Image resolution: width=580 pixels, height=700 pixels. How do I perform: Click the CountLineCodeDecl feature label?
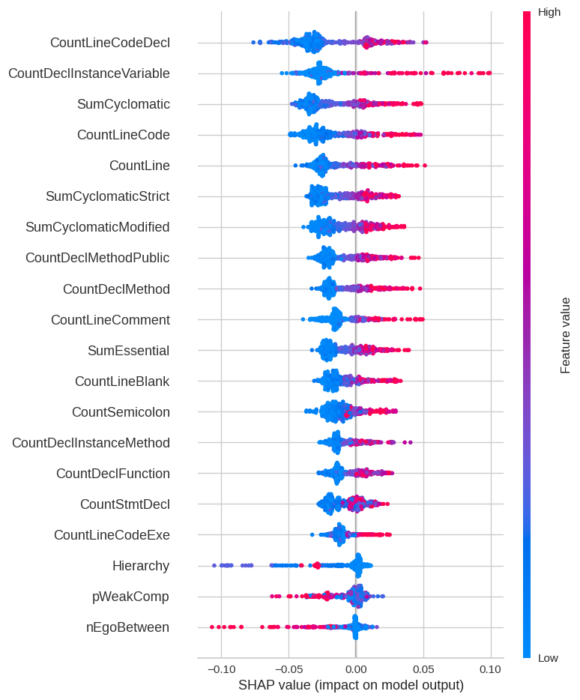[109, 43]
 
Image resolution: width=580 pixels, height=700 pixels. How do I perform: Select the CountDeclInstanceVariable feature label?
[88, 73]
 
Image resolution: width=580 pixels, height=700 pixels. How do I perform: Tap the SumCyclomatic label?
[123, 104]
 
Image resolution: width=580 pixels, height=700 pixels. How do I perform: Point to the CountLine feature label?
[139, 166]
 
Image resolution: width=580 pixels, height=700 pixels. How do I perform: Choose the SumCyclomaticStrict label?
[107, 196]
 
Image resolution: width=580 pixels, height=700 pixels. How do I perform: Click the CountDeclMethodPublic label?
[97, 258]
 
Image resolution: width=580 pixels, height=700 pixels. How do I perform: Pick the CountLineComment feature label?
[110, 320]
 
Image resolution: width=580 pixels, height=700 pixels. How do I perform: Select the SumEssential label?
[128, 351]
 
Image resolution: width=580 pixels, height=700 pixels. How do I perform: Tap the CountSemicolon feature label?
[121, 412]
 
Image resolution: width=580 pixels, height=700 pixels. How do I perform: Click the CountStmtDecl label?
[124, 504]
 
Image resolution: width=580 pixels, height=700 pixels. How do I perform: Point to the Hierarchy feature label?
[141, 566]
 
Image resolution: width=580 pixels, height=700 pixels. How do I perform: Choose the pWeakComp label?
[130, 597]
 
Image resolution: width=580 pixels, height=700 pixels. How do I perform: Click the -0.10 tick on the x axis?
[220, 669]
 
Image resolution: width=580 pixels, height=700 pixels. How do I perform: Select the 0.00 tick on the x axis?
[355, 669]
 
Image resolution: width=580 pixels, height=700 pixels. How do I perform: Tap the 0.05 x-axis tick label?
[423, 669]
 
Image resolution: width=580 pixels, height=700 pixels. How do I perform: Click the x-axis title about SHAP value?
[351, 686]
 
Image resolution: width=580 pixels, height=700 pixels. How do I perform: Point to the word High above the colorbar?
[549, 12]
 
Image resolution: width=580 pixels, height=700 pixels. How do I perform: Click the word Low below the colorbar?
[549, 658]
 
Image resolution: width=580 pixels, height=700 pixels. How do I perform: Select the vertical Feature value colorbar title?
[566, 335]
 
